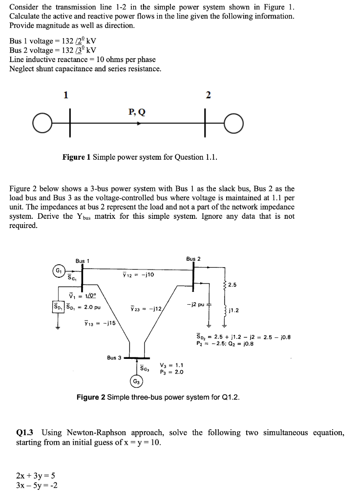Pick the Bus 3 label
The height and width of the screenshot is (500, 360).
pos(114,358)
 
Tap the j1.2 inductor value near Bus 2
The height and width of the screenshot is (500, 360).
pos(234,310)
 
